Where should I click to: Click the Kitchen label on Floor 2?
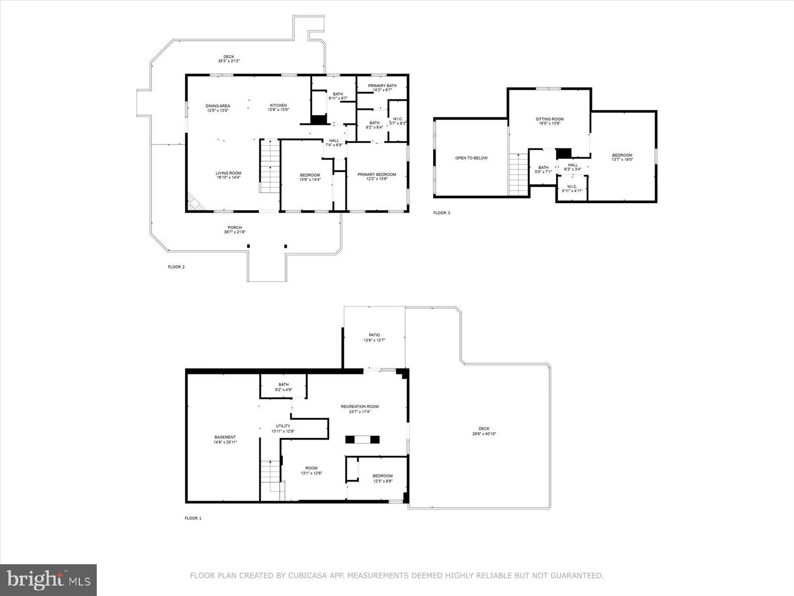click(278, 105)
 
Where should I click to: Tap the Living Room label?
click(228, 173)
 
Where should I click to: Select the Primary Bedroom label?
click(377, 174)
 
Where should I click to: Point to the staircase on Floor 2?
click(269, 166)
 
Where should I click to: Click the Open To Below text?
click(471, 158)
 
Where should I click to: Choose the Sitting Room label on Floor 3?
click(549, 119)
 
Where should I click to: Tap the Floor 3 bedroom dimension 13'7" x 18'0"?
click(622, 159)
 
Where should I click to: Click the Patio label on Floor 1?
click(374, 335)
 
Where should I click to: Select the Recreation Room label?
click(359, 407)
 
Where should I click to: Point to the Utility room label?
click(283, 426)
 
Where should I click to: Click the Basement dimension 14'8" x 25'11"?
click(225, 442)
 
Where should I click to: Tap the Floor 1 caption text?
click(193, 518)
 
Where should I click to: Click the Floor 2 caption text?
click(176, 267)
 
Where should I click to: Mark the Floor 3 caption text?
click(441, 213)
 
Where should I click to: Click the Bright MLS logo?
click(49, 580)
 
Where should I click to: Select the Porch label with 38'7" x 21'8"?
click(235, 227)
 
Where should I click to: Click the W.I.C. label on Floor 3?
click(572, 187)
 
